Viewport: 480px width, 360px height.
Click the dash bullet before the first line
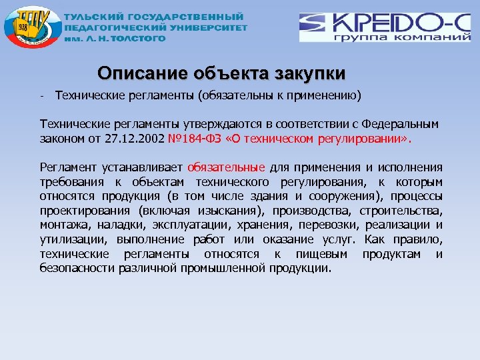click(41, 95)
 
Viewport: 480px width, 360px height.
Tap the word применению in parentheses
click(323, 95)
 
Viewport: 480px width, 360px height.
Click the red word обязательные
click(227, 167)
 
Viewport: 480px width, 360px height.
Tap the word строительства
click(406, 210)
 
